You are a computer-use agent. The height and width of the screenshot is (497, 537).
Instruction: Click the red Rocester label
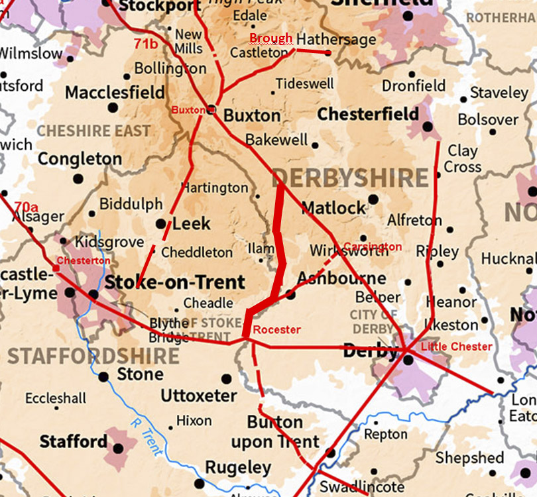277,330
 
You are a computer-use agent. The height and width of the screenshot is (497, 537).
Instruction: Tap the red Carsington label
373,247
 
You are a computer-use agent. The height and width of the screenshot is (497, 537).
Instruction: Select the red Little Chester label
457,347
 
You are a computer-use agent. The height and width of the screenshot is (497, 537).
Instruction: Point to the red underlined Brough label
270,38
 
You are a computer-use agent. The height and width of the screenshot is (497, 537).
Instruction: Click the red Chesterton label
83,260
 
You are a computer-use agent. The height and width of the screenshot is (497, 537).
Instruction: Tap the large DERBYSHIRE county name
350,178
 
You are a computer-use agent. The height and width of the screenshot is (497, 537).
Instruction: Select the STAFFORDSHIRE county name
93,356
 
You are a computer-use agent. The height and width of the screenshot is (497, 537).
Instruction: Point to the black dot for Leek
160,224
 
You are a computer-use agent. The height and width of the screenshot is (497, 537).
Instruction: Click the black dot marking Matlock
373,199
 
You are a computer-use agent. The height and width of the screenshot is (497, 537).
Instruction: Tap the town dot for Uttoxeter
227,379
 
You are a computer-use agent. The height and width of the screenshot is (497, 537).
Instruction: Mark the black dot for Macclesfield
113,107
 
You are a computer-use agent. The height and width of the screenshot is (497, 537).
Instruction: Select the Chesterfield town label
368,115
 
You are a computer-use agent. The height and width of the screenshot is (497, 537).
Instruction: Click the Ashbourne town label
341,278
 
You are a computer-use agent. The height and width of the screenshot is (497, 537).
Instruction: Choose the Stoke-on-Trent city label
175,282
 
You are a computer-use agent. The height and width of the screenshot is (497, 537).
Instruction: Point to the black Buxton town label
251,115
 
